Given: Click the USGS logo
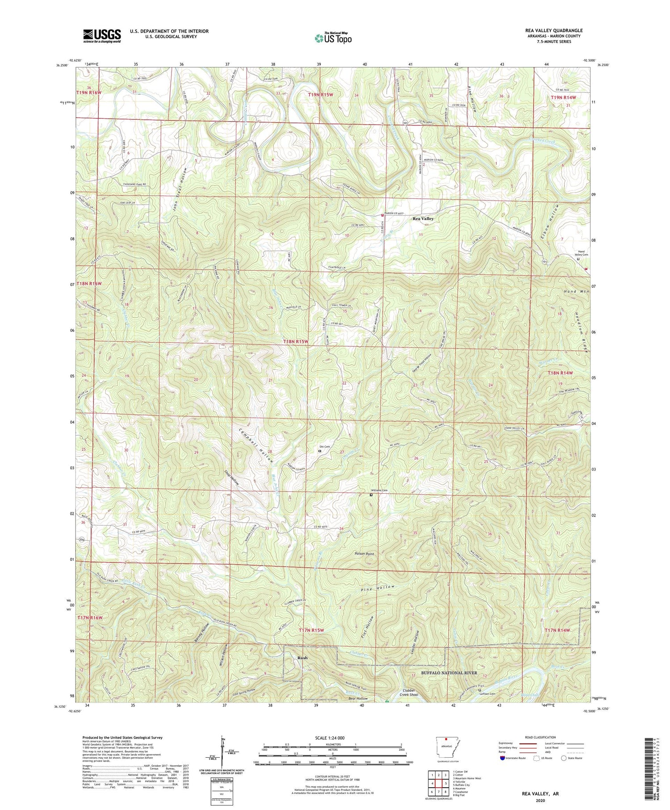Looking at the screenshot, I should click(101, 36).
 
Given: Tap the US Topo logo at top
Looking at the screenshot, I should click(333, 38).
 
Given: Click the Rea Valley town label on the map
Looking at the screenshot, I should click(423, 218).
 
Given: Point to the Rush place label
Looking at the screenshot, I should click(302, 658).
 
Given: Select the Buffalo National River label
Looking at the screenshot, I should click(449, 672).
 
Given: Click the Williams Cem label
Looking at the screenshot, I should click(378, 490).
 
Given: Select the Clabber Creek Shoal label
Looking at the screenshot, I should click(407, 693).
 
